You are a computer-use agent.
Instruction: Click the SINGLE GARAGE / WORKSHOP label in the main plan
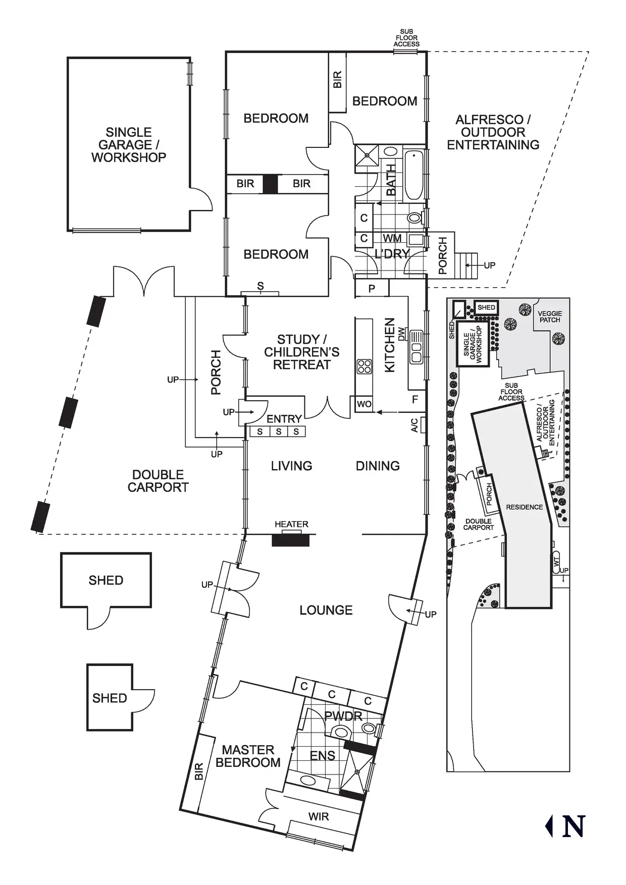[x=129, y=145]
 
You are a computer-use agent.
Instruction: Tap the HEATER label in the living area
[x=291, y=524]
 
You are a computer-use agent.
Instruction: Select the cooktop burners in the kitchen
[x=364, y=367]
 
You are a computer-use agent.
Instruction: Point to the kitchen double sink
[x=416, y=347]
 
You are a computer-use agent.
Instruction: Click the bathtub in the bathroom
[x=414, y=175]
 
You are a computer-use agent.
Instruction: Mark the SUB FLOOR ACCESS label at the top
[x=406, y=38]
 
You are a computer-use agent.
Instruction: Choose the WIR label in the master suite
[x=319, y=816]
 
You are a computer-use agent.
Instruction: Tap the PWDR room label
[x=343, y=716]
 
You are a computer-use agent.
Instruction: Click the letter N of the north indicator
[x=573, y=826]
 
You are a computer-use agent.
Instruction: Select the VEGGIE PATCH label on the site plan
[x=550, y=316]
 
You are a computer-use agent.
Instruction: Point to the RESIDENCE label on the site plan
[x=525, y=507]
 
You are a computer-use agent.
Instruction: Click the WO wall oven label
[x=364, y=404]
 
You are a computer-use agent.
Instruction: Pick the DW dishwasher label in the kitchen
[x=402, y=334]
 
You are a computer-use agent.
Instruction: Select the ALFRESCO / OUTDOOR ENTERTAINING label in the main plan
[x=493, y=132]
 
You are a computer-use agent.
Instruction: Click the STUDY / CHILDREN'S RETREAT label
[x=302, y=352]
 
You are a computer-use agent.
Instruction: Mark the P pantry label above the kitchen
[x=372, y=289]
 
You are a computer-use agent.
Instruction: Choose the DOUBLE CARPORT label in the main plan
[x=158, y=481]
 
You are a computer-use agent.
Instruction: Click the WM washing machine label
[x=392, y=238]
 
